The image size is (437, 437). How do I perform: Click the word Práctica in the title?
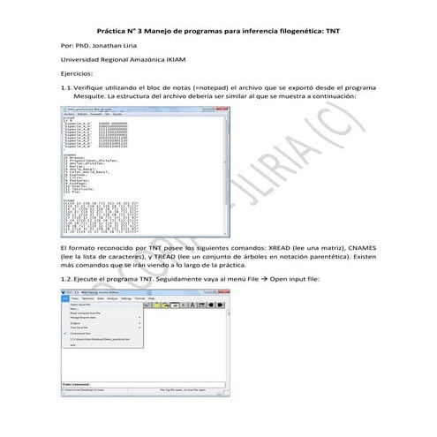tap(114, 29)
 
